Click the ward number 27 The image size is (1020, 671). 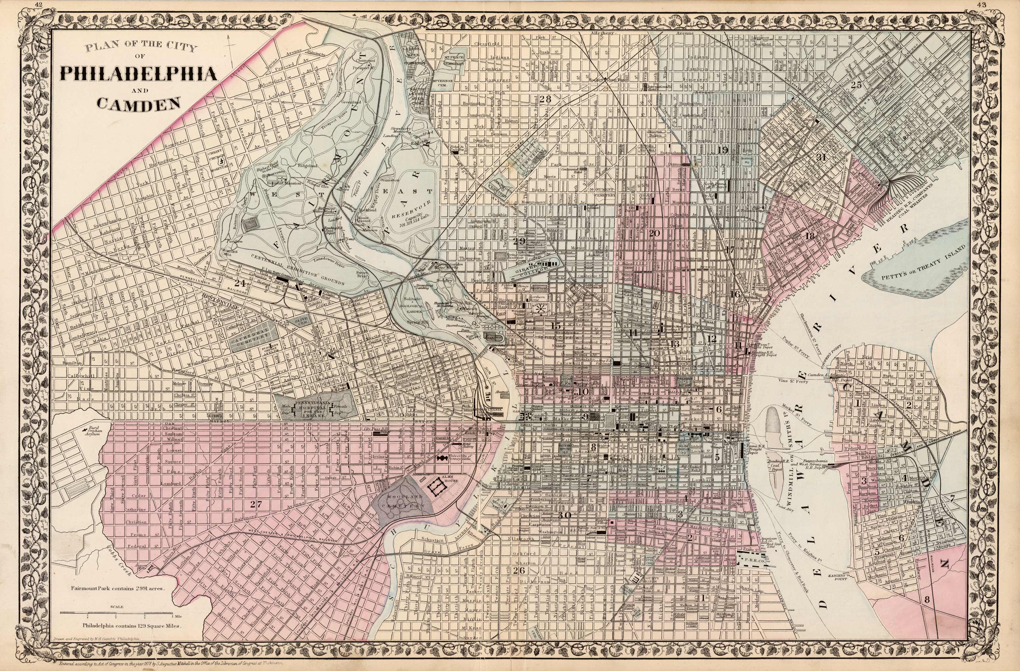coord(256,504)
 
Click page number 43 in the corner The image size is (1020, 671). coord(991,5)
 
